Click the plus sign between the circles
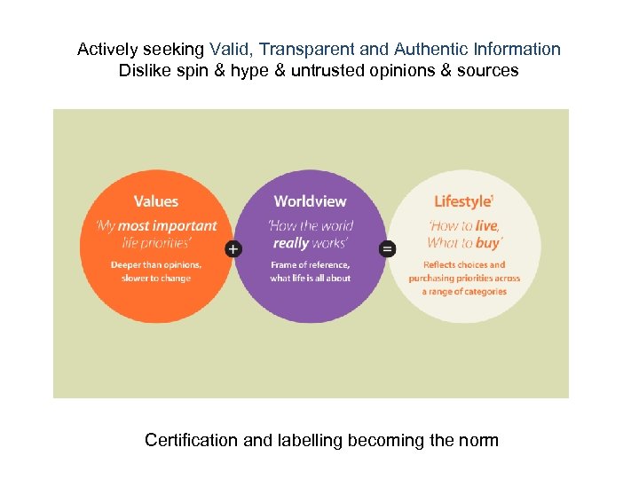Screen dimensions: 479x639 click(233, 249)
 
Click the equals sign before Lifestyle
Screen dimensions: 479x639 click(388, 249)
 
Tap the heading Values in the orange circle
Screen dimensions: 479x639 click(156, 202)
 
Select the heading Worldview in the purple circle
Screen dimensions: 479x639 click(310, 202)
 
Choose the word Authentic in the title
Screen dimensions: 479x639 click(432, 50)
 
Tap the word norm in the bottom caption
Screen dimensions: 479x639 click(479, 440)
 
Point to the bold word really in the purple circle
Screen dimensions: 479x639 click(291, 242)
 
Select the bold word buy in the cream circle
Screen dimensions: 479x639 click(488, 242)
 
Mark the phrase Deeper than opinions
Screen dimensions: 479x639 click(156, 264)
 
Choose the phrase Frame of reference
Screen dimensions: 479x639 click(310, 264)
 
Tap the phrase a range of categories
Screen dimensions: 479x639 click(464, 291)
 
